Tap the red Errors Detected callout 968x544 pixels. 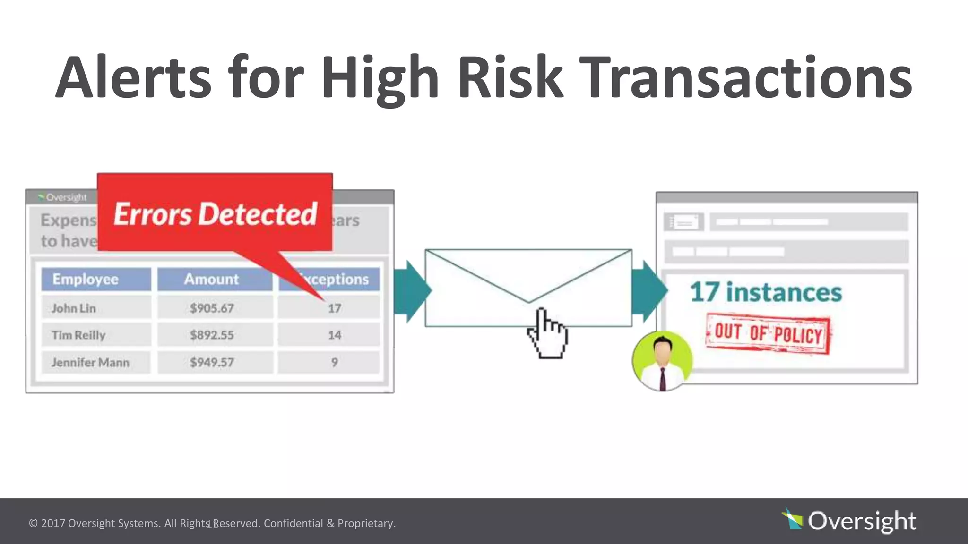click(x=215, y=213)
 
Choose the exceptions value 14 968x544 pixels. click(x=334, y=335)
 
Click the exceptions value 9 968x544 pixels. click(x=334, y=363)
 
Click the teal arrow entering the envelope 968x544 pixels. click(x=410, y=291)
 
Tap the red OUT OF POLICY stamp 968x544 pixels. click(x=768, y=333)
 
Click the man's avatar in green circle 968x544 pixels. click(x=662, y=361)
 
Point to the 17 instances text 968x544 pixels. click(x=766, y=292)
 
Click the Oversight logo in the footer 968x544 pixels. click(x=850, y=521)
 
